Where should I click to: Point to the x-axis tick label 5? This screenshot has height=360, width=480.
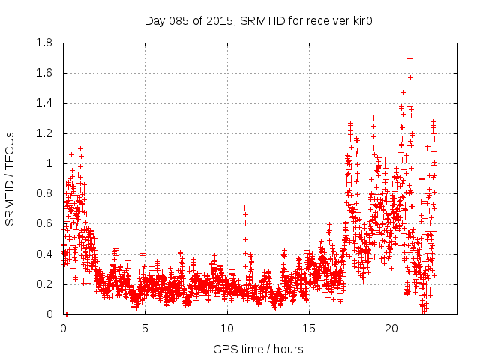pyautogui.click(x=145, y=328)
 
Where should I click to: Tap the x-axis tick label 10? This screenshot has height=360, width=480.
pyautogui.click(x=227, y=328)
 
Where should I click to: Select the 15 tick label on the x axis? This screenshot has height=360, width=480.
pyautogui.click(x=309, y=328)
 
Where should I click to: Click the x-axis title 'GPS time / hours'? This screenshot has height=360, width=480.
pyautogui.click(x=258, y=349)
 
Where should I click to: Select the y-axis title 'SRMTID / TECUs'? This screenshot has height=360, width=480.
pyautogui.click(x=10, y=178)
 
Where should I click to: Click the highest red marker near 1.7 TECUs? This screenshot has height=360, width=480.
pyautogui.click(x=409, y=58)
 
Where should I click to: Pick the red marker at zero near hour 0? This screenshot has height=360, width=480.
pyautogui.click(x=67, y=314)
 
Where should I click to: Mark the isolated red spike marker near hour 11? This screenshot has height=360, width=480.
pyautogui.click(x=244, y=208)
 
